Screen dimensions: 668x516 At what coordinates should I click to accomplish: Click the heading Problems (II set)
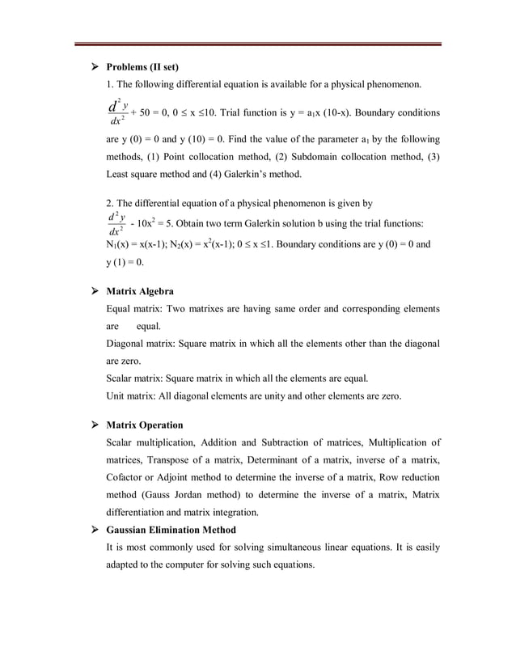click(x=142, y=66)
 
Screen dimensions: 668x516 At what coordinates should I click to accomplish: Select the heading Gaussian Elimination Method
click(x=171, y=530)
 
